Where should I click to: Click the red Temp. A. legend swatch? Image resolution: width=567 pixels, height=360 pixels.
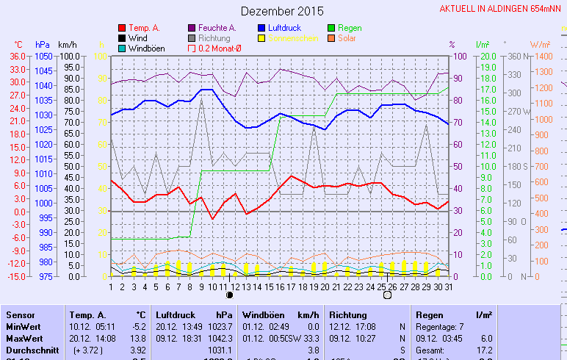click(122, 28)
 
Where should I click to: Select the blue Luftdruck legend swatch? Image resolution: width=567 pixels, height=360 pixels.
click(261, 28)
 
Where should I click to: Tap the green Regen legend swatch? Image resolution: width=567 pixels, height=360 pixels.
click(332, 28)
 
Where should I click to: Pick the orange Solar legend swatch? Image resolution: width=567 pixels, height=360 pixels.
click(332, 38)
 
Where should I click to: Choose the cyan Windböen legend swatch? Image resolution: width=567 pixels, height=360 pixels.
click(122, 48)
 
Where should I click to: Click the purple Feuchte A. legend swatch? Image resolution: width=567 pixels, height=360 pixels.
click(192, 28)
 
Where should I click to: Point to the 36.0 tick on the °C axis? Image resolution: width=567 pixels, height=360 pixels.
click(18, 56)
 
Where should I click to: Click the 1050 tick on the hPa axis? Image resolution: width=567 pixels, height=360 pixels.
click(43, 56)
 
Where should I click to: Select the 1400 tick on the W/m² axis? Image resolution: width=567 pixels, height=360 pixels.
click(543, 56)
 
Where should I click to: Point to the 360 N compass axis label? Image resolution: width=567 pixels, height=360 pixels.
click(516, 56)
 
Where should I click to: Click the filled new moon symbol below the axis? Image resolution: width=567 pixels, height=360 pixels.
click(230, 295)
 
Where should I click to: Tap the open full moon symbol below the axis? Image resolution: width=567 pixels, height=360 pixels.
click(387, 295)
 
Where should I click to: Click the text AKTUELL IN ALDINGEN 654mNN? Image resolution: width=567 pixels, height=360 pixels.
click(502, 9)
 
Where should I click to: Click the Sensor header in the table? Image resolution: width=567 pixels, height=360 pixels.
click(21, 314)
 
